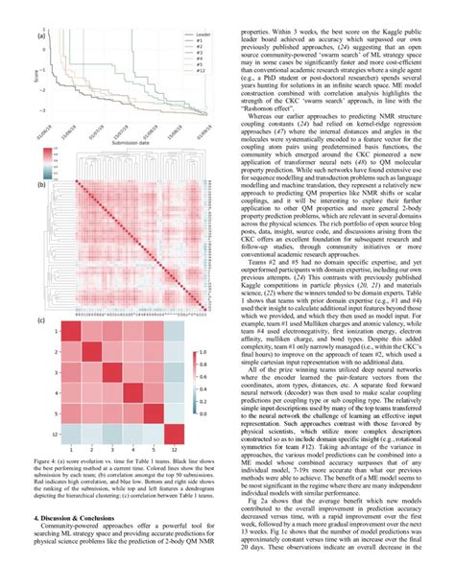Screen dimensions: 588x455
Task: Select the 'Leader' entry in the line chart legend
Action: [x=203, y=32]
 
